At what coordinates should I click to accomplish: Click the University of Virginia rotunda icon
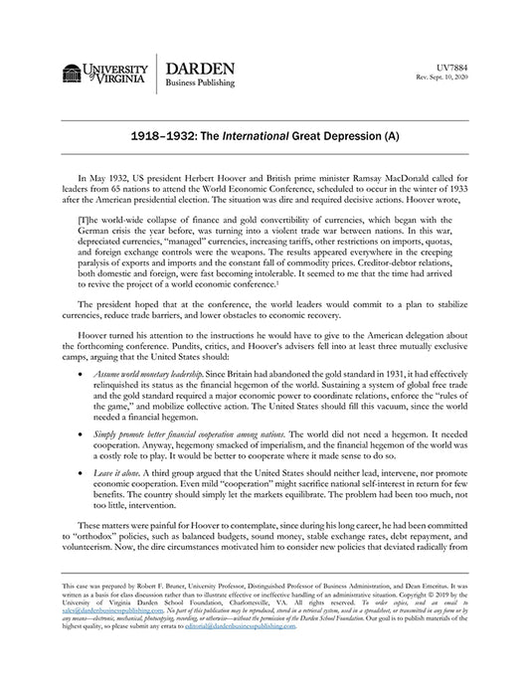coord(71,73)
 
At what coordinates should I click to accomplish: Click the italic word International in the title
coord(264,132)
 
